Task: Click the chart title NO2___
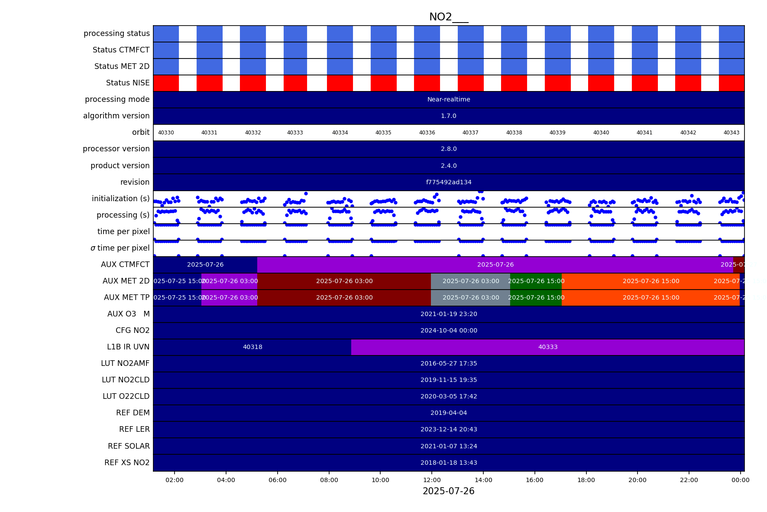(448, 17)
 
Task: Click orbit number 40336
(427, 133)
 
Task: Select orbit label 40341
(644, 133)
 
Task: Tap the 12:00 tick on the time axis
(432, 480)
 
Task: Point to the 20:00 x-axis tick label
(637, 480)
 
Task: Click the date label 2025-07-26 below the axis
(448, 491)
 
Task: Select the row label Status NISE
(128, 83)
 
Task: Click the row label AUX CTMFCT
(125, 264)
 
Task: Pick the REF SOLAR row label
(129, 446)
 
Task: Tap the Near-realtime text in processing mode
(449, 99)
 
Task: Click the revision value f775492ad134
(449, 182)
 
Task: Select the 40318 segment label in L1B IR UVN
(252, 347)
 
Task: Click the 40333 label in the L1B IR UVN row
(547, 347)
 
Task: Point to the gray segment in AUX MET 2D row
(470, 281)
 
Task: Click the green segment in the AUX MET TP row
(536, 297)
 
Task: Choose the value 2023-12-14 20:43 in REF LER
(449, 429)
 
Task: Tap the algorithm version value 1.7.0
(449, 116)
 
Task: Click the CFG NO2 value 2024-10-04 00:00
(449, 330)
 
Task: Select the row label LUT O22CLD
(126, 396)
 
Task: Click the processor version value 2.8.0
(449, 149)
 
